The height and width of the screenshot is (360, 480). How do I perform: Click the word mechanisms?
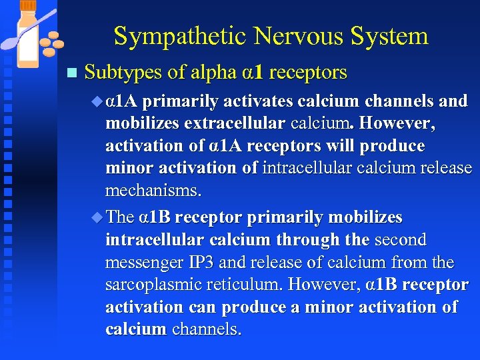(x=152, y=191)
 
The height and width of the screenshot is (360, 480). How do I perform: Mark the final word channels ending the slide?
(x=207, y=330)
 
